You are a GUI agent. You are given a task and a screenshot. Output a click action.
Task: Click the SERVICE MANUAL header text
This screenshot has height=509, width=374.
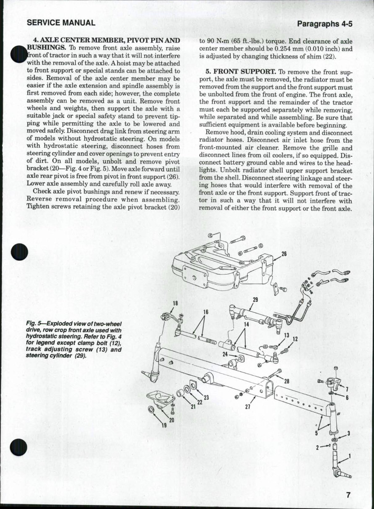61,23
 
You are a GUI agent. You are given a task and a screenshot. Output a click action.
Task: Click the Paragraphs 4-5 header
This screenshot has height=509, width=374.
324,24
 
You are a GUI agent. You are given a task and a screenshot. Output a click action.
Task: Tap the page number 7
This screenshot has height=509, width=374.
348,494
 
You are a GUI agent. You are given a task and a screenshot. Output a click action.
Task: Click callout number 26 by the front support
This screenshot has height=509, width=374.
284,254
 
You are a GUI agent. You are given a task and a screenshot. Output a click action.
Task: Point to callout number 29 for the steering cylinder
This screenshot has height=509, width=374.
255,299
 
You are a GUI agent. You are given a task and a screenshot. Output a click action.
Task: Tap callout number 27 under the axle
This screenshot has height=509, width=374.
247,406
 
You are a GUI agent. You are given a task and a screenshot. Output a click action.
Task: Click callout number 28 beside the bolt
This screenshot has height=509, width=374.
287,381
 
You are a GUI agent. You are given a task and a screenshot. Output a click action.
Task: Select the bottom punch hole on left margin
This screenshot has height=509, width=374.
20,447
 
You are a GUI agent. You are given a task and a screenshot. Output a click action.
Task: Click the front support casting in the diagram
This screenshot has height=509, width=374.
218,268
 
